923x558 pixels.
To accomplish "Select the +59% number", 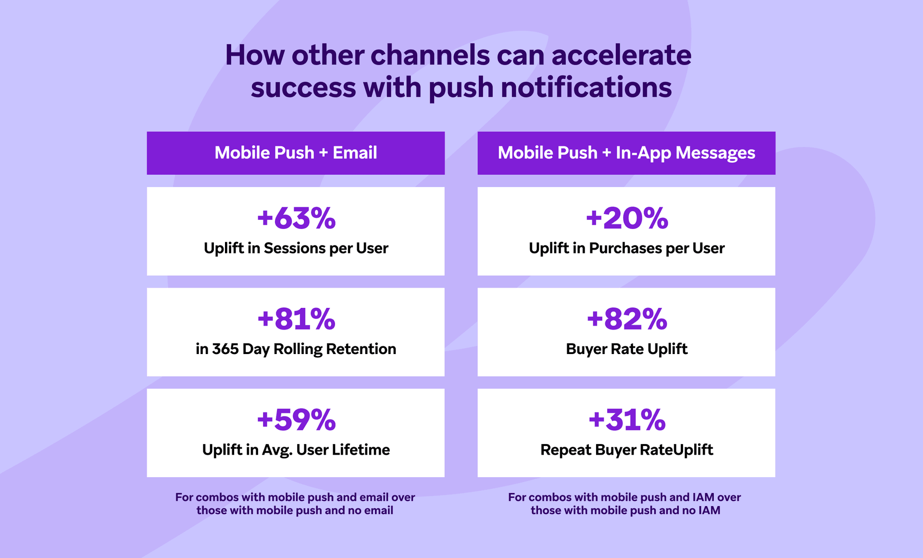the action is click(x=296, y=419).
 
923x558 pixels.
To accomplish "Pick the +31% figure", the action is click(x=627, y=419).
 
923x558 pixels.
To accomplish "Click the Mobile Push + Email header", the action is click(x=296, y=153).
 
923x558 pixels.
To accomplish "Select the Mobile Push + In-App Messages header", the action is click(x=626, y=153).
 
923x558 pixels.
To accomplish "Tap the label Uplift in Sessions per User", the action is click(x=296, y=248).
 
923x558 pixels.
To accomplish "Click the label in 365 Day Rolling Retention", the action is click(x=296, y=349).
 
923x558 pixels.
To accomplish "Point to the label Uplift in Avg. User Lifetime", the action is click(x=296, y=450).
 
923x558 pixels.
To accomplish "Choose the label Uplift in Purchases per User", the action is click(x=627, y=248).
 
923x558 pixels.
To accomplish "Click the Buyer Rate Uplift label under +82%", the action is click(x=627, y=349).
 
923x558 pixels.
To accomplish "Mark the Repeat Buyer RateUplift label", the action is click(x=627, y=450).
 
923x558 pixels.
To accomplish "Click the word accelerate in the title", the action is click(x=622, y=55).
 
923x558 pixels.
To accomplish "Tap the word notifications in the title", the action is click(x=586, y=88).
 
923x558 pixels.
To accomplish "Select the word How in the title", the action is click(x=255, y=55).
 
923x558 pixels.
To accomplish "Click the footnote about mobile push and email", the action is click(x=295, y=504).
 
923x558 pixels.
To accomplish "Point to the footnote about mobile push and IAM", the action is click(x=625, y=504).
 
